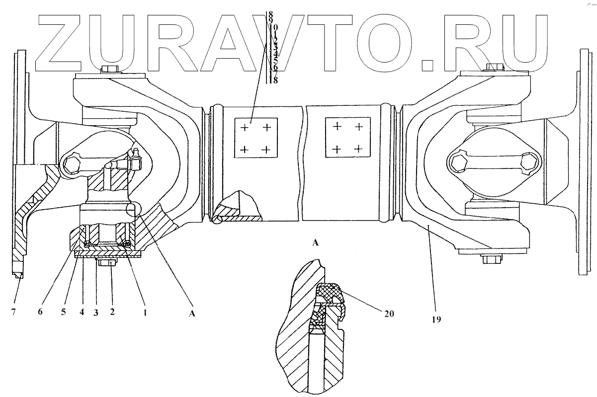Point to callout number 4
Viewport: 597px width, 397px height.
[x=80, y=314]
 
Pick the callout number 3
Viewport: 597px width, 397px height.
[x=95, y=314]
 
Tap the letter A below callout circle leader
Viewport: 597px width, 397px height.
[x=193, y=314]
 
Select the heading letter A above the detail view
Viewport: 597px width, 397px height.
[x=315, y=242]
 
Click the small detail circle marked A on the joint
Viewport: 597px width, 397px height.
[x=134, y=210]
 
